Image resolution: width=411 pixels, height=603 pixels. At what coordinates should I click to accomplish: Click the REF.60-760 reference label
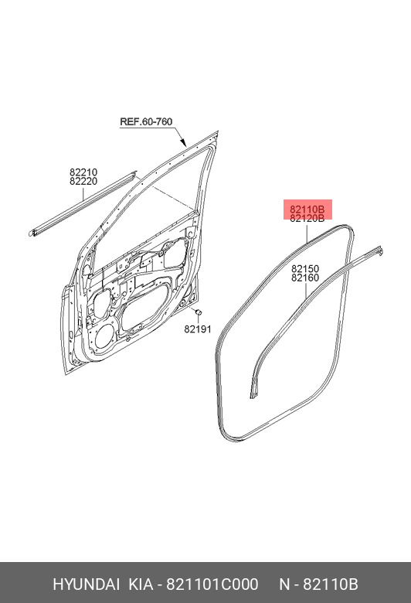point(146,122)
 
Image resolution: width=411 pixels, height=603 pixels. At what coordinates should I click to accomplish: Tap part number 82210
point(83,172)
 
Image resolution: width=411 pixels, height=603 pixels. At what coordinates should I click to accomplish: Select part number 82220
point(83,181)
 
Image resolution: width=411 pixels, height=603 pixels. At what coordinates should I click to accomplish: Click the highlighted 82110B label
point(307,210)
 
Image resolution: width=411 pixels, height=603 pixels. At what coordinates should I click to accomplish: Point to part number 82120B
point(307,219)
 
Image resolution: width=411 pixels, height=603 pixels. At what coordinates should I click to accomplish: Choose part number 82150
point(305,269)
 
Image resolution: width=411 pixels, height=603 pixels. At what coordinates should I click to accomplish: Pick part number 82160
point(305,278)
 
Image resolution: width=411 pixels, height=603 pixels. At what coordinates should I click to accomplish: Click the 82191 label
point(198,329)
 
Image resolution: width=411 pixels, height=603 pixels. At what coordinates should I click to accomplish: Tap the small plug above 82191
point(199,312)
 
